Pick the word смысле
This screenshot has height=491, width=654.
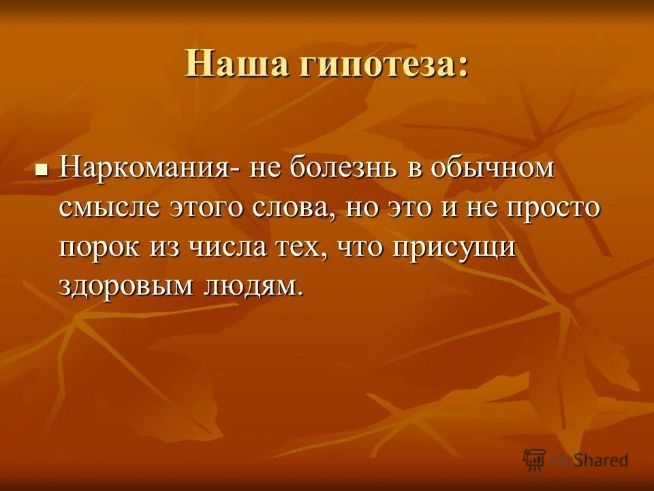click(108, 207)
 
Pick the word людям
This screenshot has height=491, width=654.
click(251, 284)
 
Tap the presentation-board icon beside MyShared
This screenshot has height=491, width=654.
click(534, 460)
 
